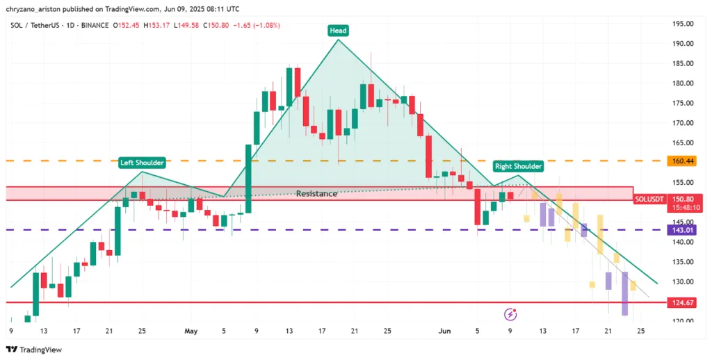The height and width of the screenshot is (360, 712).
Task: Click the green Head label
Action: pos(339,31)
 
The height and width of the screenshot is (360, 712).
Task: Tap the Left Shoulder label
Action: pos(142,163)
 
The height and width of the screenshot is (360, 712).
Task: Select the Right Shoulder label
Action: pos(518,166)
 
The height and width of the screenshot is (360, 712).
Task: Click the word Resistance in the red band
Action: pos(316,193)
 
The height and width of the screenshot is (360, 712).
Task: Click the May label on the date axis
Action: pos(191,331)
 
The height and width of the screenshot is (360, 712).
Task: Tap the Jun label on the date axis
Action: pos(445,331)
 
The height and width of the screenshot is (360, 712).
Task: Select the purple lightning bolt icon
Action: pos(510,314)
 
